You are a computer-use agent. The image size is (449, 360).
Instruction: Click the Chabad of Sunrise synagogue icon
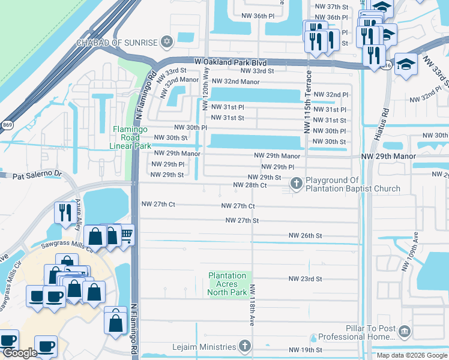[x=166, y=42]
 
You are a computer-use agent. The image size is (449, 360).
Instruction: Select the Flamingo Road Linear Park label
[x=130, y=137]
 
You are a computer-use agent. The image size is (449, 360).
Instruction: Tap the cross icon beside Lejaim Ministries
[x=244, y=346]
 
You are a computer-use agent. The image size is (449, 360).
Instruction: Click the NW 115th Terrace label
[x=308, y=101]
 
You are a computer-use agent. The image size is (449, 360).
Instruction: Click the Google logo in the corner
[x=19, y=353]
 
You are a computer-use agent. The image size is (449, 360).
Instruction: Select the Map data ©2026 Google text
[x=411, y=355]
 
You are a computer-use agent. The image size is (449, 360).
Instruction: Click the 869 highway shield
[x=7, y=125]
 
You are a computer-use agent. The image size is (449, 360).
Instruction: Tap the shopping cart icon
[x=126, y=234]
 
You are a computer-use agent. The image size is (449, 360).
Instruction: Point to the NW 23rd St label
[x=305, y=279]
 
